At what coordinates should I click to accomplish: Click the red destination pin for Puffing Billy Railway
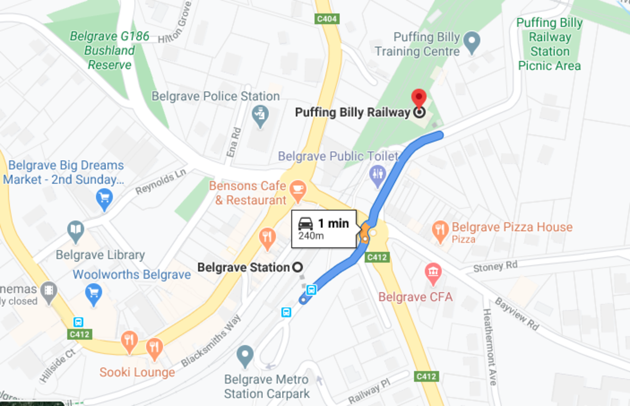pyautogui.click(x=418, y=98)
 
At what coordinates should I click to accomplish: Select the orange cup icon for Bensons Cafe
pyautogui.click(x=298, y=188)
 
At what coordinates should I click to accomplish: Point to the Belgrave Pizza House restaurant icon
pyautogui.click(x=439, y=229)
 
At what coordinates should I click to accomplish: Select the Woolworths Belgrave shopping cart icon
pyautogui.click(x=94, y=293)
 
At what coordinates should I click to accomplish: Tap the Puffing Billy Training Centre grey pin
pyautogui.click(x=472, y=40)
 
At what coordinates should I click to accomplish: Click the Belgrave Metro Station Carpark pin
pyautogui.click(x=245, y=355)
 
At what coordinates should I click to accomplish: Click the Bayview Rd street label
pyautogui.click(x=517, y=314)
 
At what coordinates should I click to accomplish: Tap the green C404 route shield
pyautogui.click(x=328, y=19)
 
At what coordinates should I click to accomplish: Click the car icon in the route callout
pyautogui.click(x=306, y=224)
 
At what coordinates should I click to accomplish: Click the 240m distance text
pyautogui.click(x=311, y=236)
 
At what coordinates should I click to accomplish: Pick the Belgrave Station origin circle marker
pyautogui.click(x=298, y=267)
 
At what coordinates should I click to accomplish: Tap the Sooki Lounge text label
pyautogui.click(x=138, y=372)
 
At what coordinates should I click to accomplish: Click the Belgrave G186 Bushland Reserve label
pyautogui.click(x=110, y=51)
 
